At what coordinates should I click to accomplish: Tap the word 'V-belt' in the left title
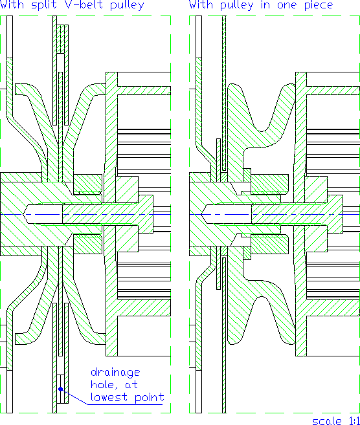[x=82, y=5]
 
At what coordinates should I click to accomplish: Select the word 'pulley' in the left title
[x=128, y=5]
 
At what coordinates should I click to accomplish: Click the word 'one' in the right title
[x=287, y=6]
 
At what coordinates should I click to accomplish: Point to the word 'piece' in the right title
[x=319, y=5]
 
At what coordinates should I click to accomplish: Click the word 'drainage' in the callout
[x=115, y=372]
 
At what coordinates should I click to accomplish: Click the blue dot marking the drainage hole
[x=61, y=389]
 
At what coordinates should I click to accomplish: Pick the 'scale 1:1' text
[x=336, y=420]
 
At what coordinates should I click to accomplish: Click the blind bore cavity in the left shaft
[x=43, y=214]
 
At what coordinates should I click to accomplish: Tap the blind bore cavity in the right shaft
[x=227, y=214]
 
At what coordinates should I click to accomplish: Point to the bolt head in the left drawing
[x=146, y=214]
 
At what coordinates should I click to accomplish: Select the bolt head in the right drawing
[x=335, y=214]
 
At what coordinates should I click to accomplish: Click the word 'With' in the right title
[x=201, y=5]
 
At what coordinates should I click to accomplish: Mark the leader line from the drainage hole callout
[x=74, y=397]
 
